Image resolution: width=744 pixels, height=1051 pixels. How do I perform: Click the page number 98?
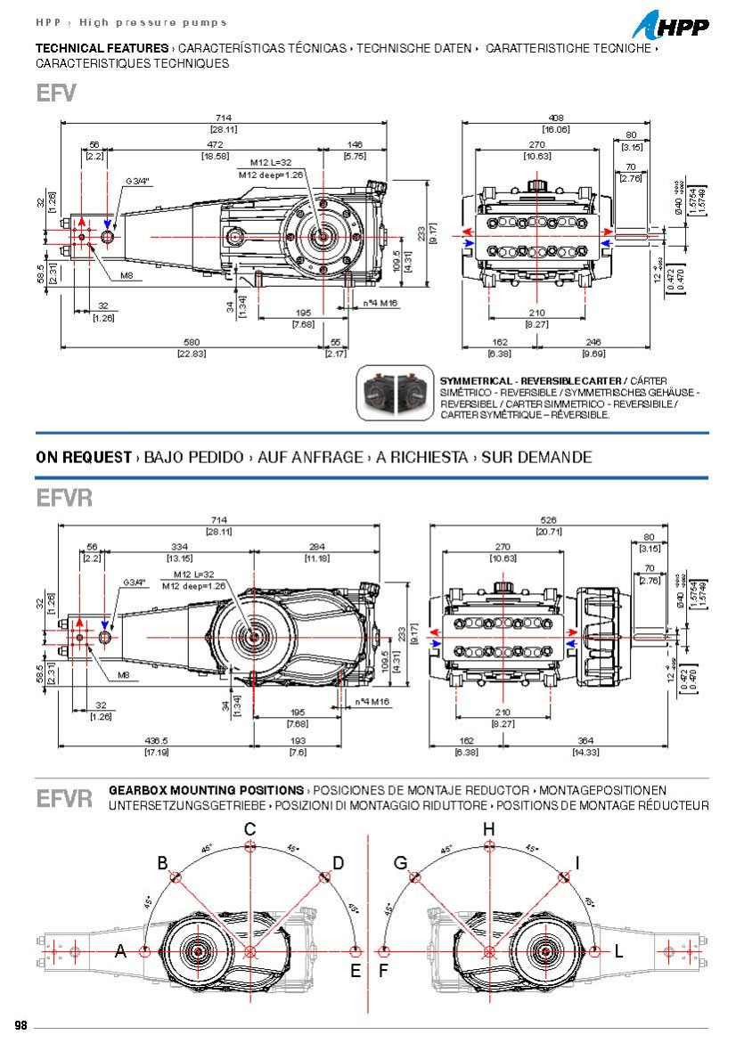(x=21, y=1025)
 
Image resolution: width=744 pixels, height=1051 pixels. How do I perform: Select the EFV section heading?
(x=56, y=94)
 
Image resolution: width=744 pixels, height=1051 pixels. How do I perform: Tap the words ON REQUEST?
(x=84, y=457)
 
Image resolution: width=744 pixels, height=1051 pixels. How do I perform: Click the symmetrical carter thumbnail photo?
(x=395, y=392)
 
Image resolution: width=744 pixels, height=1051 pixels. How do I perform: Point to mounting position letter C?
(x=250, y=829)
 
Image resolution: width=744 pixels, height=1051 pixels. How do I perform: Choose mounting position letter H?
(x=488, y=829)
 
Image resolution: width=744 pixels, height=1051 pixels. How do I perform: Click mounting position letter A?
(x=120, y=951)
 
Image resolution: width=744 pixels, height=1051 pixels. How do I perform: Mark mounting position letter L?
(x=618, y=951)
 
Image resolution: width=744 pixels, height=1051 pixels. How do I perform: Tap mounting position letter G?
(x=400, y=862)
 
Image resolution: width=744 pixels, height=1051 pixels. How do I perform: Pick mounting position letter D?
(x=338, y=862)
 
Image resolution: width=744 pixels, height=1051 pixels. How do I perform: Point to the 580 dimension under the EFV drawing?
(x=192, y=342)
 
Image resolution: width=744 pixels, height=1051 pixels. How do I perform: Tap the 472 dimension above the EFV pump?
(x=215, y=143)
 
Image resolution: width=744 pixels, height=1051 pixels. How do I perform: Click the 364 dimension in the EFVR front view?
(x=585, y=741)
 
